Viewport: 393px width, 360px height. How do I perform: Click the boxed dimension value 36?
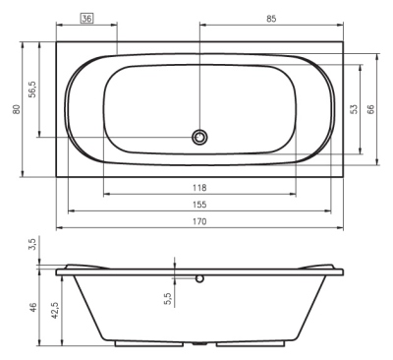(85, 19)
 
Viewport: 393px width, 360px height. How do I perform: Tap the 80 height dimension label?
(15, 109)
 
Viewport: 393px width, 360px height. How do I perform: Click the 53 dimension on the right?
(353, 109)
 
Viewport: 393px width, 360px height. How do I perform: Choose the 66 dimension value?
(370, 109)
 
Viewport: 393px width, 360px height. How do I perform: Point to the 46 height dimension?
(32, 307)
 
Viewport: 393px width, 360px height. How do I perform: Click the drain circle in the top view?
(200, 138)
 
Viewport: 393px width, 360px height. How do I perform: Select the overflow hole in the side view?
(200, 277)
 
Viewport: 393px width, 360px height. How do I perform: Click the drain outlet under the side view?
(199, 344)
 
